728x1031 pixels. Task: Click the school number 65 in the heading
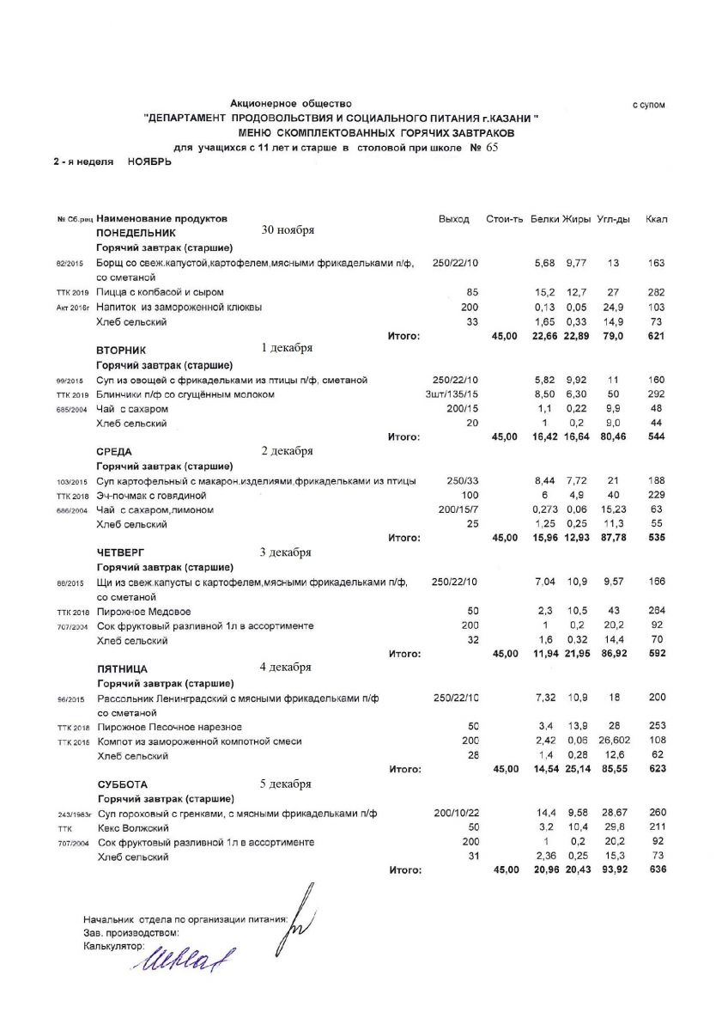(492, 147)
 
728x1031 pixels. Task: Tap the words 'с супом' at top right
(649, 105)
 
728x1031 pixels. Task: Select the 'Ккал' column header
(656, 219)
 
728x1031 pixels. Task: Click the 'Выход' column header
(454, 219)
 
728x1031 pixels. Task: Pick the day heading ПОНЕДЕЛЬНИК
(136, 233)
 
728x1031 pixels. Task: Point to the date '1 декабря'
(287, 348)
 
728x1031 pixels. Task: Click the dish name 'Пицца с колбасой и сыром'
(161, 293)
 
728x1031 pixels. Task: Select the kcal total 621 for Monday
(657, 336)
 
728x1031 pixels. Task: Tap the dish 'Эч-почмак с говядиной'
(154, 496)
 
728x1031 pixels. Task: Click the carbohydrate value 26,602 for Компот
(614, 741)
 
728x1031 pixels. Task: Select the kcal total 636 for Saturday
(657, 870)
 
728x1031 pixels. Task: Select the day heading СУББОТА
(123, 784)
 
